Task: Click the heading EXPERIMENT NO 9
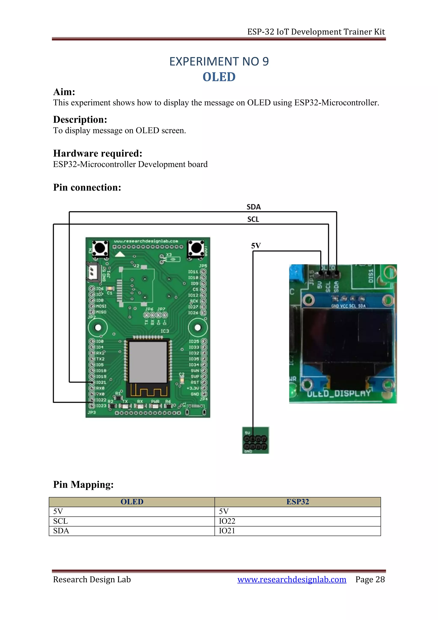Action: click(x=219, y=62)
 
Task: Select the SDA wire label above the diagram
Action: click(x=253, y=207)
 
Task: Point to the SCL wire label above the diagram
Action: click(x=253, y=219)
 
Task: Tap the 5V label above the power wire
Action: click(x=256, y=246)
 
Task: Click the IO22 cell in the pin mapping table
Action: click(x=227, y=521)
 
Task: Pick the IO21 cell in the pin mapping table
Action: click(x=227, y=531)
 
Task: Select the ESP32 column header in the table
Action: click(x=297, y=502)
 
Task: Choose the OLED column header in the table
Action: click(x=132, y=502)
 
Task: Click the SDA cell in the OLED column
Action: click(x=61, y=531)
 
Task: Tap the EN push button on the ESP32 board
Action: click(x=100, y=248)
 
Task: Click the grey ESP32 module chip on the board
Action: click(x=148, y=362)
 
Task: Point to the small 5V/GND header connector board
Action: click(x=255, y=440)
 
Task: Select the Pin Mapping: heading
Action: click(x=83, y=484)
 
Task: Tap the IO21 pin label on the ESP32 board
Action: click(x=101, y=382)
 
